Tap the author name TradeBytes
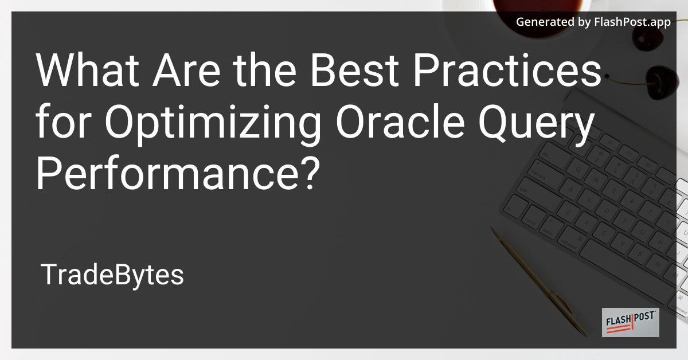(x=112, y=276)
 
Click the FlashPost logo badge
(x=630, y=323)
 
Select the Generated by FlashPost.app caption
(x=593, y=22)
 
